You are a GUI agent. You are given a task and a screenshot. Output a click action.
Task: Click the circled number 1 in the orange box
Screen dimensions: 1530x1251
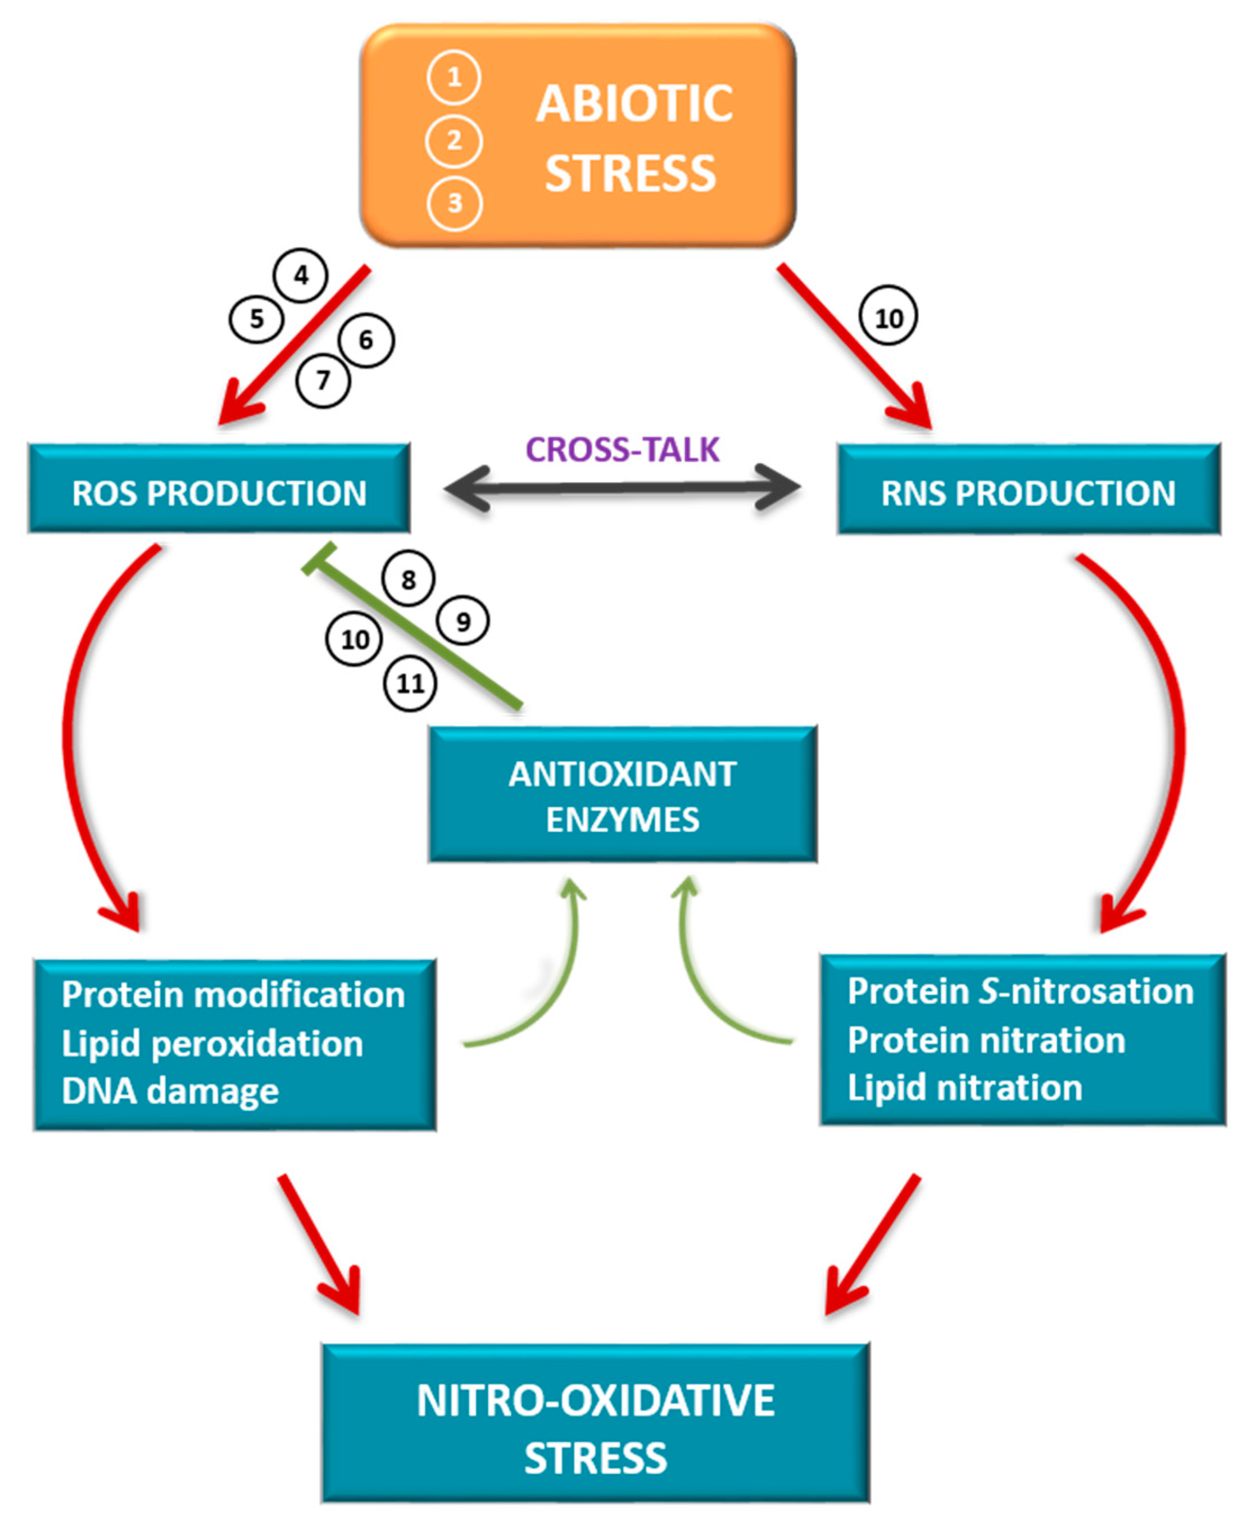click(x=454, y=77)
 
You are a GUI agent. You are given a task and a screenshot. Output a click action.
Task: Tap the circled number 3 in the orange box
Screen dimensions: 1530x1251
click(x=454, y=203)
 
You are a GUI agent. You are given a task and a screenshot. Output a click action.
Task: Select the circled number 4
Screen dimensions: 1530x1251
click(x=301, y=275)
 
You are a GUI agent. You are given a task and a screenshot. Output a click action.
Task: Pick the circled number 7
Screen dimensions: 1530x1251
click(x=323, y=380)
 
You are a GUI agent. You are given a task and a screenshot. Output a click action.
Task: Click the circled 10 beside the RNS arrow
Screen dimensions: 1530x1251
click(x=888, y=317)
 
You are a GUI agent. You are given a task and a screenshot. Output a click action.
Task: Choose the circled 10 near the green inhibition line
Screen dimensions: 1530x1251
click(x=354, y=639)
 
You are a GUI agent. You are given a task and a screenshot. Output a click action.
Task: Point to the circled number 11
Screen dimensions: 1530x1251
click(x=410, y=683)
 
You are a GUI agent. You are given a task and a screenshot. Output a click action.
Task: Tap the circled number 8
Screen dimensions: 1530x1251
click(x=409, y=579)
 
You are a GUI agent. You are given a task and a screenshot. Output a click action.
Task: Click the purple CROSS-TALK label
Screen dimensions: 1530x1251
click(x=622, y=450)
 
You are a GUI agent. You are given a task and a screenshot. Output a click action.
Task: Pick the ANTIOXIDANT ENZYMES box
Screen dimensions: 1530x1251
click(x=623, y=795)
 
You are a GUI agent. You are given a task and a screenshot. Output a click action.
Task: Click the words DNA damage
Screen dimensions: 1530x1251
click(x=170, y=1091)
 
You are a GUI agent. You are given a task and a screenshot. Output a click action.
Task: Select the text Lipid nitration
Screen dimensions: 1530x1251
click(x=964, y=1088)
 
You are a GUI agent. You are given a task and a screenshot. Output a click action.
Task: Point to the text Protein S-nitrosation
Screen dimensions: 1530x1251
click(x=1019, y=991)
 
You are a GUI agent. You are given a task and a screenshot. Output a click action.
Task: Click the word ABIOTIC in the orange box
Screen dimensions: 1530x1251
click(x=633, y=104)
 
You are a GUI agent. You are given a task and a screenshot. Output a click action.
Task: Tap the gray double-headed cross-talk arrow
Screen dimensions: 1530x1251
click(x=622, y=488)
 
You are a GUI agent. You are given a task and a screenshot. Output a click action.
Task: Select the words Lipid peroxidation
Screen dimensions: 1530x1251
click(x=212, y=1044)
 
